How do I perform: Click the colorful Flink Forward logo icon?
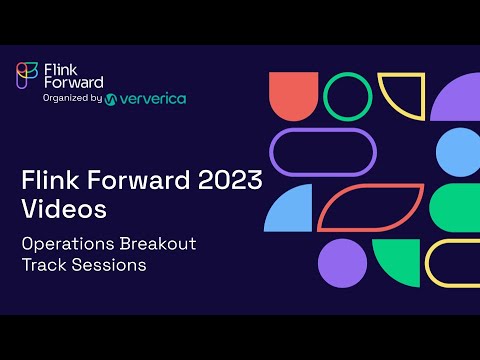coord(29,76)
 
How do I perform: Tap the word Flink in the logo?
coord(60,68)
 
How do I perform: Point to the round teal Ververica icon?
coord(111,99)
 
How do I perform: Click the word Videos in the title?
coord(64,210)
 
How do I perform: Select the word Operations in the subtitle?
coord(72,244)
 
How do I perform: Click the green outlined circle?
coord(347,97)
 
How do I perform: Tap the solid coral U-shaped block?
coord(293,97)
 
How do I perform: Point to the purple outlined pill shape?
coord(322,152)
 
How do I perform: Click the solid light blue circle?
coord(459,152)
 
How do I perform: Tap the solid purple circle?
coord(343,262)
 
